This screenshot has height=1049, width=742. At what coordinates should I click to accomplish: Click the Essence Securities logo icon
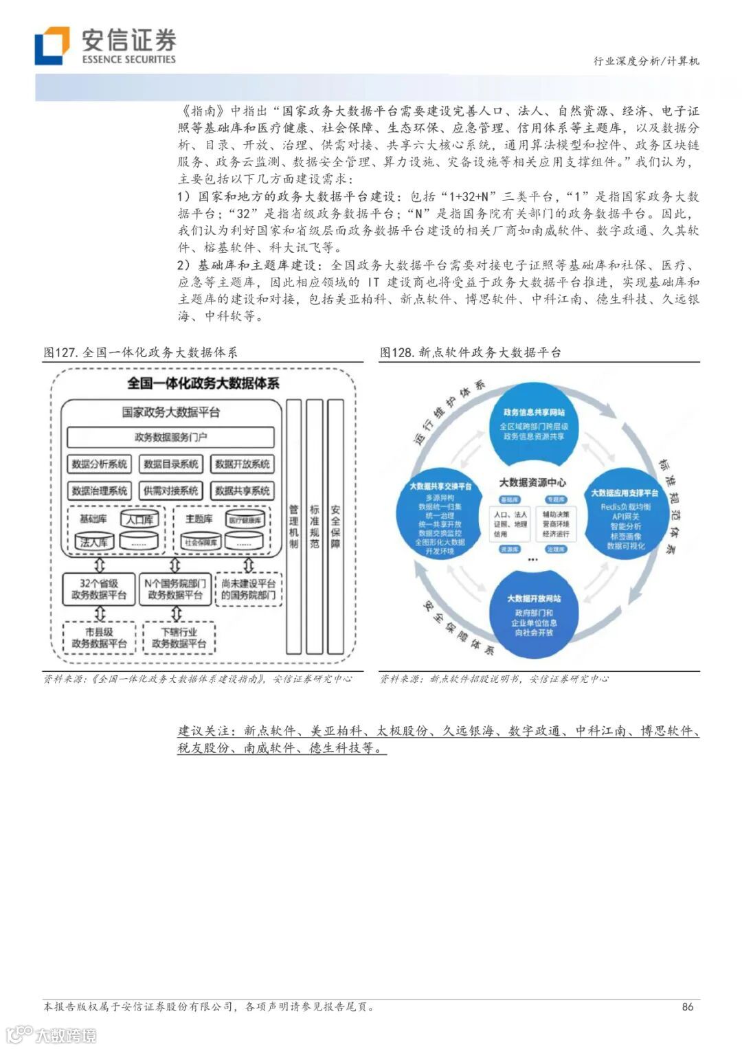pyautogui.click(x=52, y=45)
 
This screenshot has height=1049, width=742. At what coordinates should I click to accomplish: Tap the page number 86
pyautogui.click(x=687, y=1006)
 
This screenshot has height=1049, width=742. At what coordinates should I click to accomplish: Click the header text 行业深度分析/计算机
pyautogui.click(x=646, y=61)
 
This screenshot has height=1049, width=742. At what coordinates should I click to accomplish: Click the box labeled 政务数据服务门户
pyautogui.click(x=170, y=437)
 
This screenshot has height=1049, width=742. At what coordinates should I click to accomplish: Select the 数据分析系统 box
pyautogui.click(x=100, y=464)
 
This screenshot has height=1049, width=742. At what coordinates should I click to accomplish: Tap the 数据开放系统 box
pyautogui.click(x=242, y=464)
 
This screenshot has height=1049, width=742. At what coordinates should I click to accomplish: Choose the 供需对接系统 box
pyautogui.click(x=170, y=490)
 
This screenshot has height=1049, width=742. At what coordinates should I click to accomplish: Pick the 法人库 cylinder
pyautogui.click(x=94, y=542)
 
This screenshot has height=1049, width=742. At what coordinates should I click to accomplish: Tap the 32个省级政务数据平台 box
pyautogui.click(x=99, y=589)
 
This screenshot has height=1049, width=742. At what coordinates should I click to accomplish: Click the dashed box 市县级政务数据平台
pyautogui.click(x=99, y=638)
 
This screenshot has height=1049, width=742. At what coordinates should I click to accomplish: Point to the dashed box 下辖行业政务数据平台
pyautogui.click(x=179, y=638)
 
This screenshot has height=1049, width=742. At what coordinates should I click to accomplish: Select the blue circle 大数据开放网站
pyautogui.click(x=534, y=614)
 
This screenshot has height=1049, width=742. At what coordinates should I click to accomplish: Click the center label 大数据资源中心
pyautogui.click(x=532, y=482)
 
